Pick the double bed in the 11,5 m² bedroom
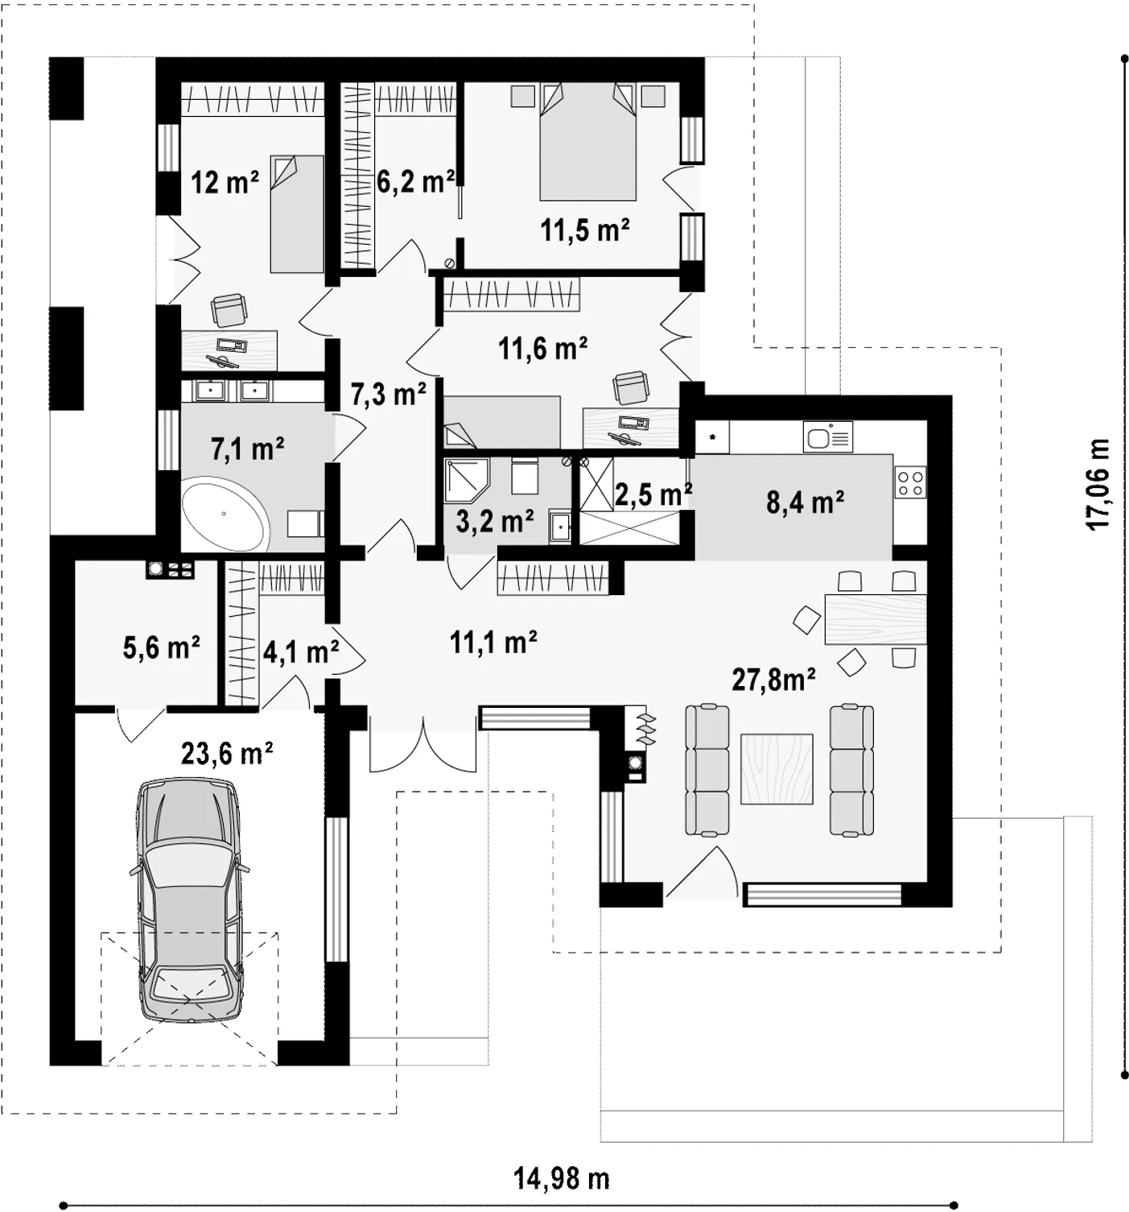pos(588,143)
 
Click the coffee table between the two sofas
pos(777,768)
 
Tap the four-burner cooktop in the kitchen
pos(911,482)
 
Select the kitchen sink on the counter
pos(828,437)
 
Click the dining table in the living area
pos(876,618)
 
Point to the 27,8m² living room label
pos(773,679)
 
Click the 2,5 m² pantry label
pos(653,495)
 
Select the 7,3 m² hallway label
pos(389,394)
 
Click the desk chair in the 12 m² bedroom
pos(229,310)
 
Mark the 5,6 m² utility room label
pos(162,647)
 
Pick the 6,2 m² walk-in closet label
pos(415,181)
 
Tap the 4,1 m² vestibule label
pos(301,652)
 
